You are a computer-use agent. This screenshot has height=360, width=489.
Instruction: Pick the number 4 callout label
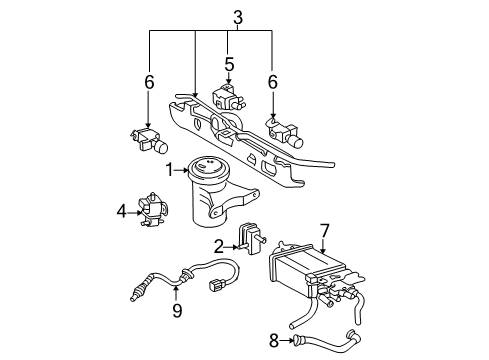tap(122, 211)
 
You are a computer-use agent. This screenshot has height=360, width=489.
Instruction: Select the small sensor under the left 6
tap(148, 139)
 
